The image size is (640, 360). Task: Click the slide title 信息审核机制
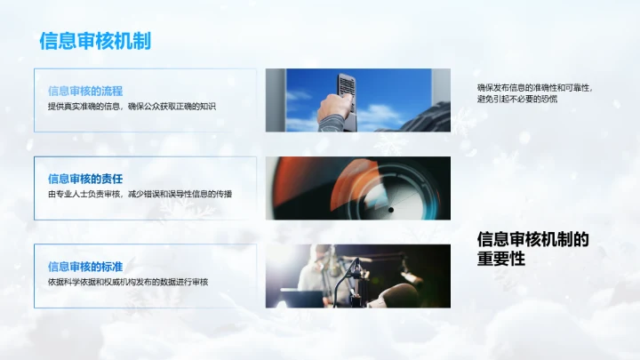(x=95, y=41)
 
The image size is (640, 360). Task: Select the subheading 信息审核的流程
(x=85, y=91)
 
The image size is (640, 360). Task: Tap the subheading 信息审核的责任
(x=85, y=178)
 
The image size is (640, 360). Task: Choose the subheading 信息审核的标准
(x=85, y=266)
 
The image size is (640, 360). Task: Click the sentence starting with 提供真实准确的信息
(x=132, y=106)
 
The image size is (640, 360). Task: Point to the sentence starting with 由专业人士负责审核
(x=140, y=193)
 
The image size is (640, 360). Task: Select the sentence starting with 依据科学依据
(x=127, y=281)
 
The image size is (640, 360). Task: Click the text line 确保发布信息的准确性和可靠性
(x=534, y=87)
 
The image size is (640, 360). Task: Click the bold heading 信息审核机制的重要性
(x=533, y=248)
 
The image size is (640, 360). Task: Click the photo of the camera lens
(x=357, y=188)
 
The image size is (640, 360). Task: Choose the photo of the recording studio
(x=357, y=276)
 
